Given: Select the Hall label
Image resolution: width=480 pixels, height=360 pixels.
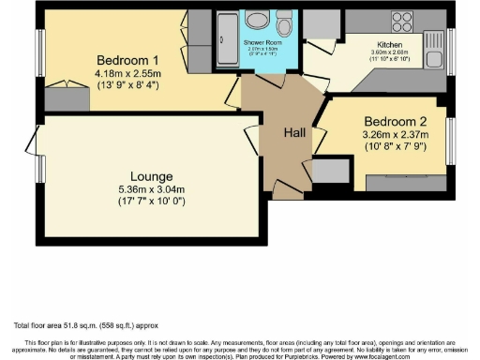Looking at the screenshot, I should pyautogui.click(x=296, y=132).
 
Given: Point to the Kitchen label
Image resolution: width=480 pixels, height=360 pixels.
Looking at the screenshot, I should pyautogui.click(x=389, y=43).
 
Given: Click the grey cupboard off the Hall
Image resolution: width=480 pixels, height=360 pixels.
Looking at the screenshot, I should pyautogui.click(x=328, y=171).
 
